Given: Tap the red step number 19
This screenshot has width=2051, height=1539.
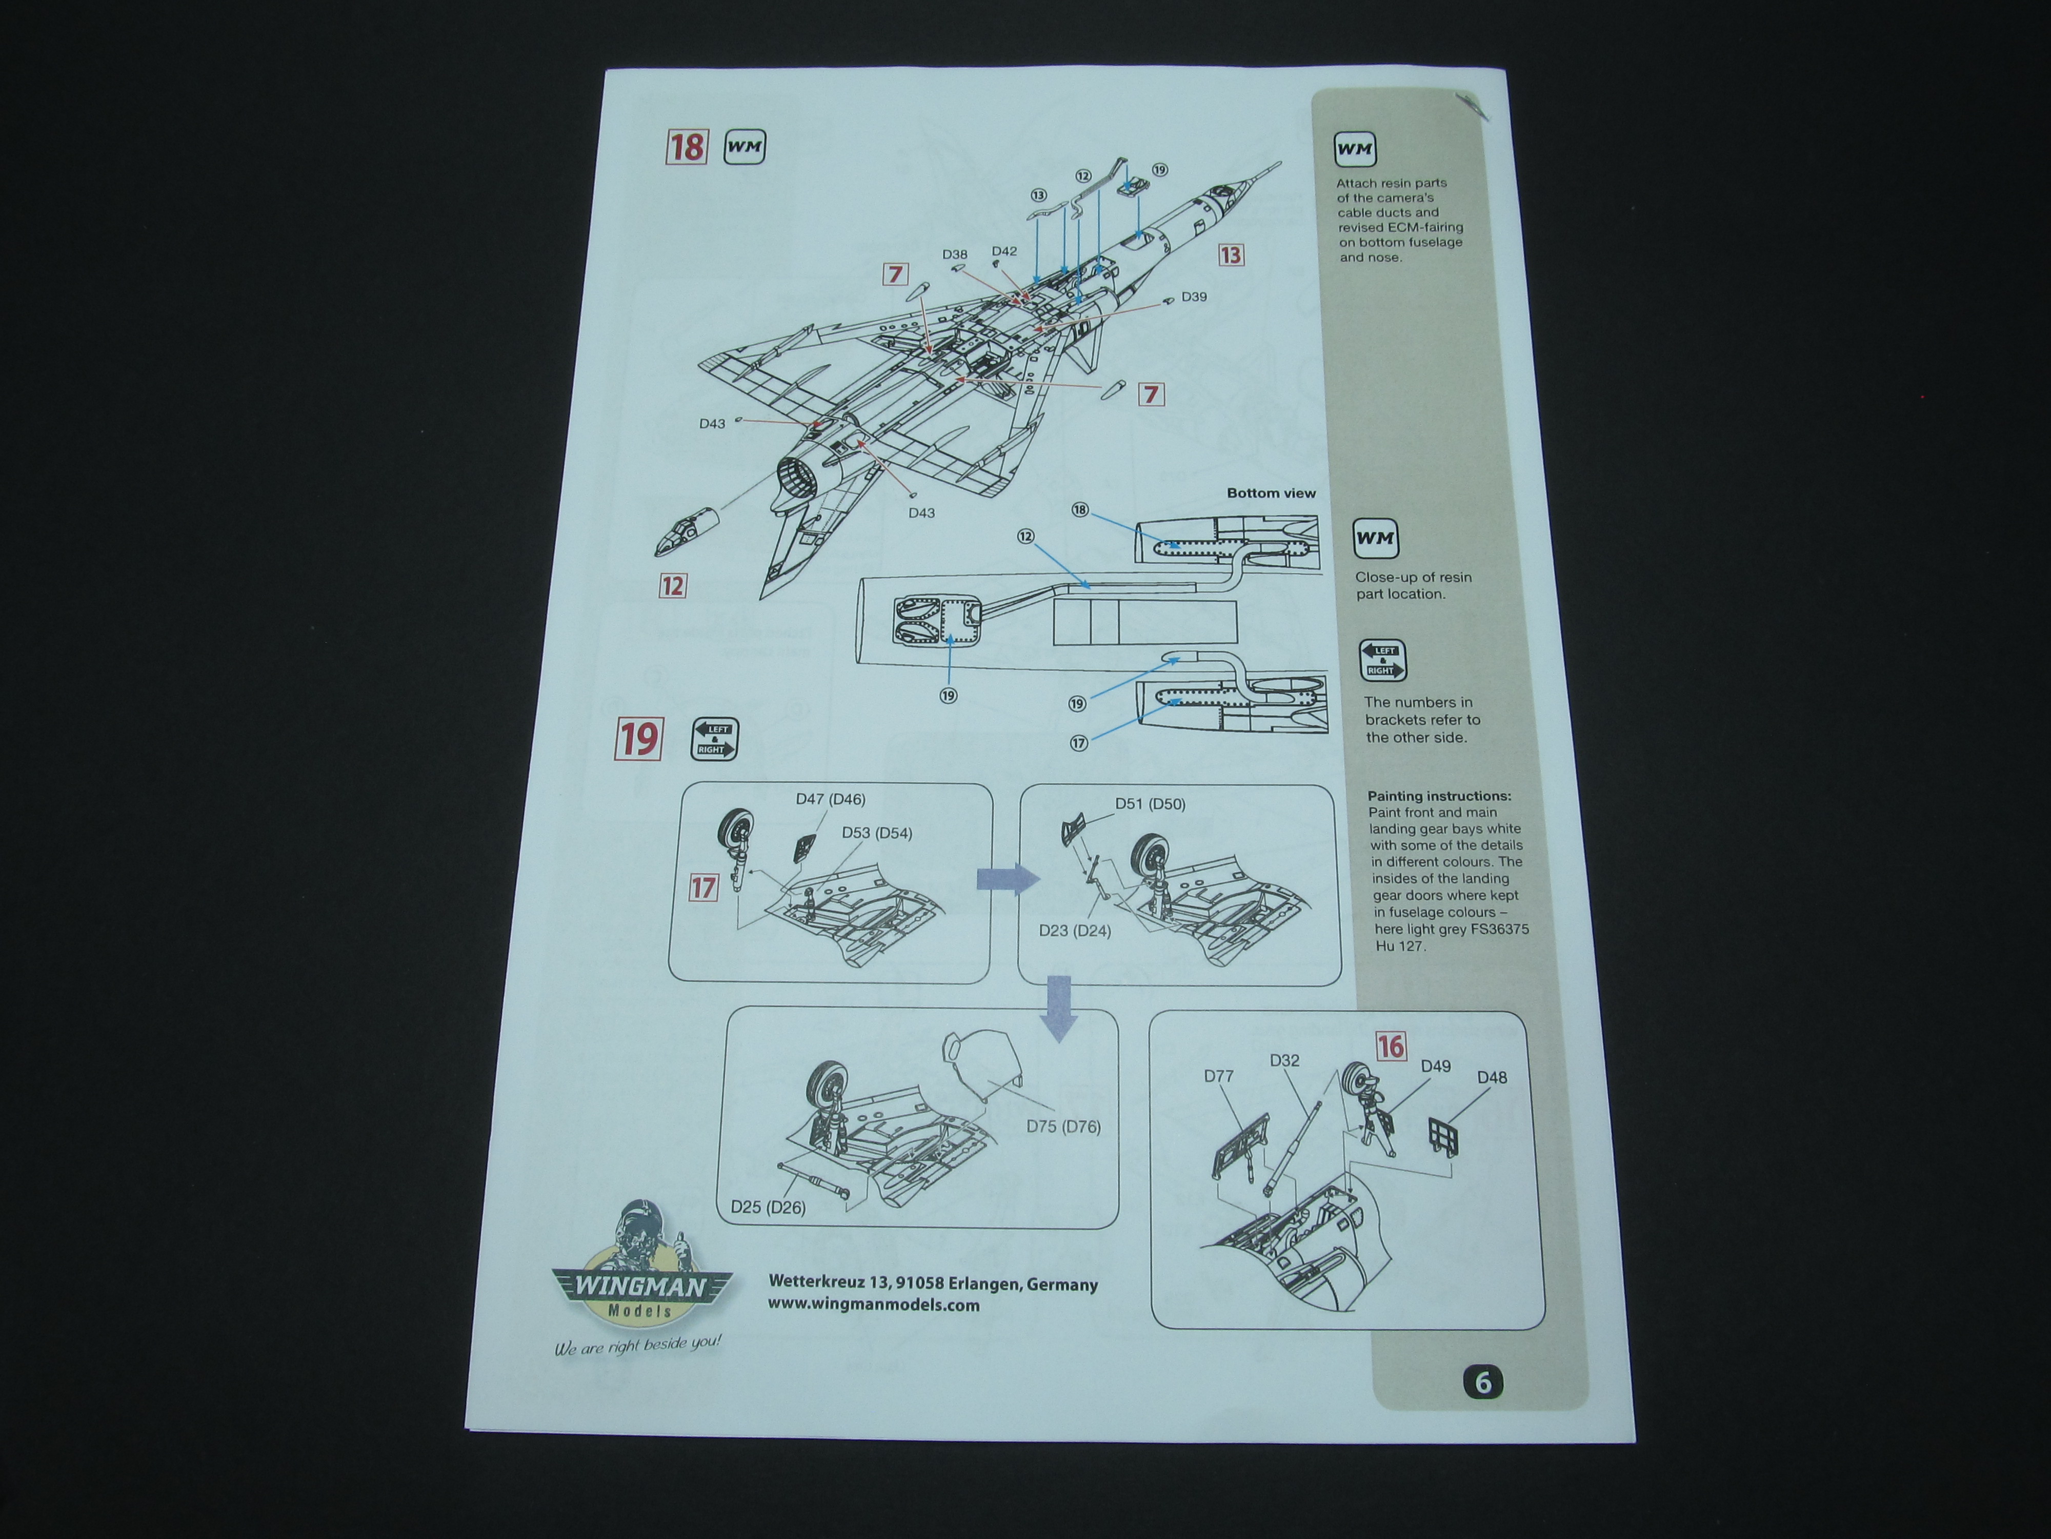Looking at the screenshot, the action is point(639,739).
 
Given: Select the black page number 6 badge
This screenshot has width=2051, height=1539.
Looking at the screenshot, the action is point(1483,1382).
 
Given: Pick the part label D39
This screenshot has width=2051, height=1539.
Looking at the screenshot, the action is point(1194,297).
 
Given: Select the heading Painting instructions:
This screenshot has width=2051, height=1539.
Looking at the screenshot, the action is point(1439,796).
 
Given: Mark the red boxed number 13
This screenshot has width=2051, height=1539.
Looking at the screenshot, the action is point(1231,255).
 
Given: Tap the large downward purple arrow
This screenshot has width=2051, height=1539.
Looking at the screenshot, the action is point(1058,1009).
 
